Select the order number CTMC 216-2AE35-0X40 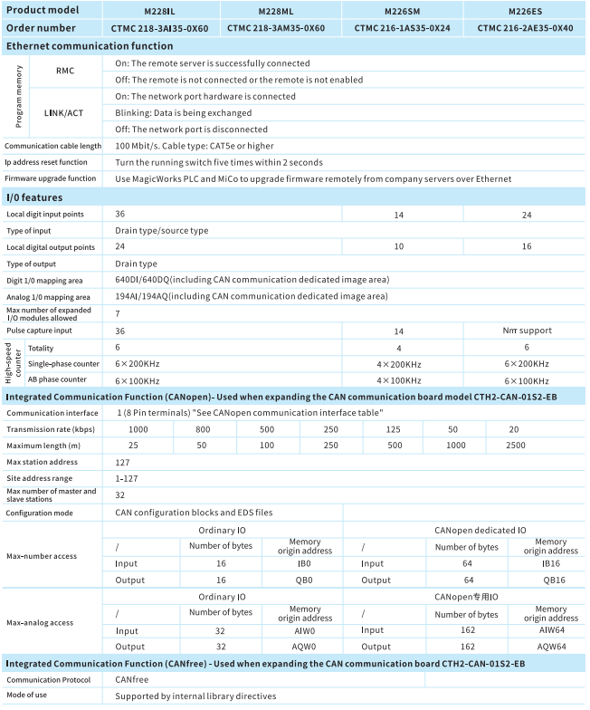(523, 28)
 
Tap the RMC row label (65, 72)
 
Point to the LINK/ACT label (65, 113)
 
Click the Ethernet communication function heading (90, 46)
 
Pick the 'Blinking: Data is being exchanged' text (184, 113)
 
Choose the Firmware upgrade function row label (50, 178)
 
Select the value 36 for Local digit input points (120, 214)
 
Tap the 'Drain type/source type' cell (161, 230)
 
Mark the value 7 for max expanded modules (118, 313)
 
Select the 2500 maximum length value (515, 446)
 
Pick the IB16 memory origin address (550, 562)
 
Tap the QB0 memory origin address (305, 580)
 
